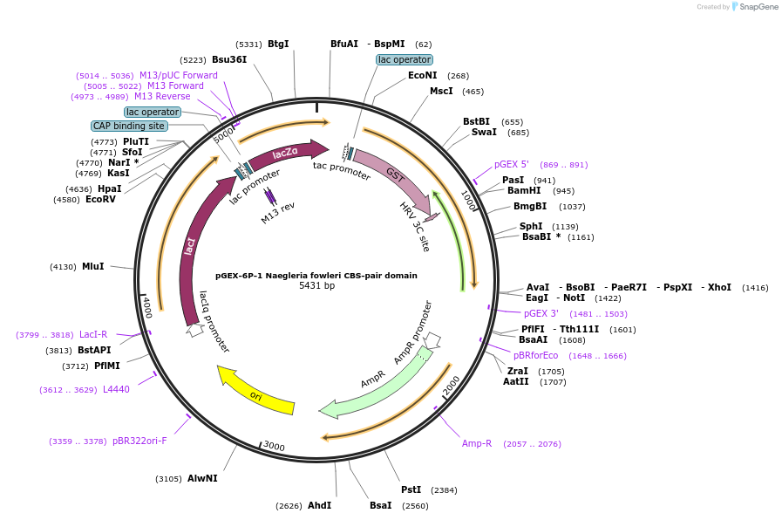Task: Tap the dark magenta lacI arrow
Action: pos(188,253)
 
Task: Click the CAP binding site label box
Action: pos(129,126)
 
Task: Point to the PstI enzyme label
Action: pos(411,489)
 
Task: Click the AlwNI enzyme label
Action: pos(202,479)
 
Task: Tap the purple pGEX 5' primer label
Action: pos(511,164)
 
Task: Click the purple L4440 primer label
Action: pos(116,390)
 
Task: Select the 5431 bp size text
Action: pos(316,285)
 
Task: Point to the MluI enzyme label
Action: pos(92,266)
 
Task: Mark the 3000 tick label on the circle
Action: pos(274,446)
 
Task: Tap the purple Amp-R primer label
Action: pos(477,443)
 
